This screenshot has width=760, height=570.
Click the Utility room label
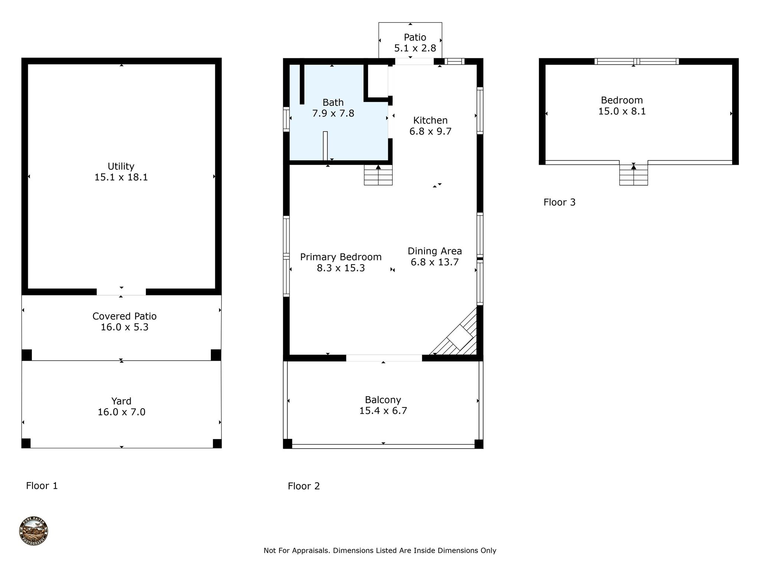121,166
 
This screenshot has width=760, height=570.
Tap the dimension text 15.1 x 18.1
121,177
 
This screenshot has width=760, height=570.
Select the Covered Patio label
124,316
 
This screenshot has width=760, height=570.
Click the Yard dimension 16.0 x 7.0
121,412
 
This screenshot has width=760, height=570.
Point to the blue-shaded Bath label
333,102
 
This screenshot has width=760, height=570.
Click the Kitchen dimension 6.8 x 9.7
430,131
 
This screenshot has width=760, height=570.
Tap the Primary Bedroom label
341,257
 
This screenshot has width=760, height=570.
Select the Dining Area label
435,251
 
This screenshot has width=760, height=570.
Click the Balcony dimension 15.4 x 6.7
383,411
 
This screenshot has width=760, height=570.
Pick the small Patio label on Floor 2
415,37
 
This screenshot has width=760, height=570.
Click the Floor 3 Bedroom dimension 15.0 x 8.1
622,111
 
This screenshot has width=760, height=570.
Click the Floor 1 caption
42,486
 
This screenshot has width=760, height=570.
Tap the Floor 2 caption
304,486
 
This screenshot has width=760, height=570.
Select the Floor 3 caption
559,202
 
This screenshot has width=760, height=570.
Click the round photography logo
33,531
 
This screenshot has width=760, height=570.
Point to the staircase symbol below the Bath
378,175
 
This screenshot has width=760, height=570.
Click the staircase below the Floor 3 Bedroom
633,175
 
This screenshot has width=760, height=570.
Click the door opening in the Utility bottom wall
121,292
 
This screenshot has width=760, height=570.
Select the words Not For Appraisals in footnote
296,551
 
